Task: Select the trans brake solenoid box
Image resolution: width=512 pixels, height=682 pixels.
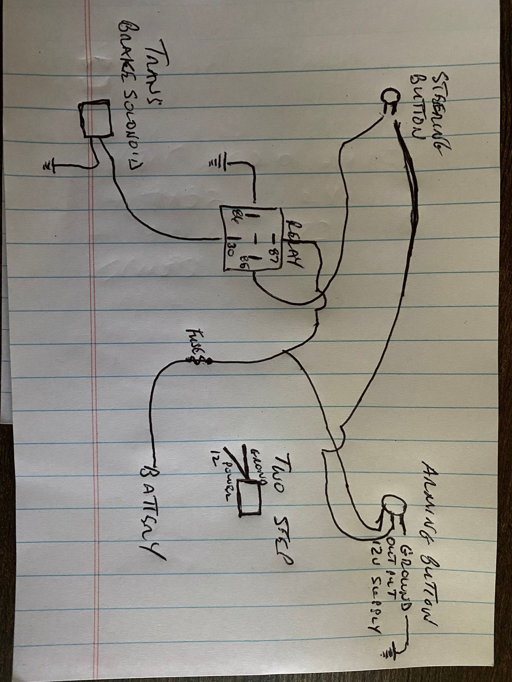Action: (96, 119)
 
